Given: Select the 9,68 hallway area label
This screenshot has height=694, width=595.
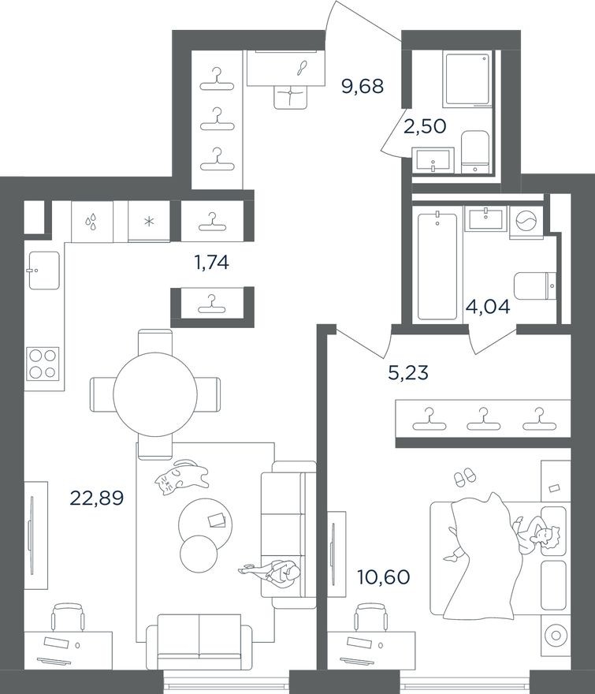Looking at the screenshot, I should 362,85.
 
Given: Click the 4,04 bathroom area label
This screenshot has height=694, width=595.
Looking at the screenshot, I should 488,307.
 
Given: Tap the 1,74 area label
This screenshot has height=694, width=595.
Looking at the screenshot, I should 210,263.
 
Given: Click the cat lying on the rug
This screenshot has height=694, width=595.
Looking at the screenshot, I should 180,477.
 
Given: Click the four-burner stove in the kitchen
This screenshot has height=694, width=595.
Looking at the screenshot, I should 43,364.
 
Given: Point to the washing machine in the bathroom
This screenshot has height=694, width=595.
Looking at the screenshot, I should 525,222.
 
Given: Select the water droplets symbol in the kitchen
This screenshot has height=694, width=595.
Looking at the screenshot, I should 92,222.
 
